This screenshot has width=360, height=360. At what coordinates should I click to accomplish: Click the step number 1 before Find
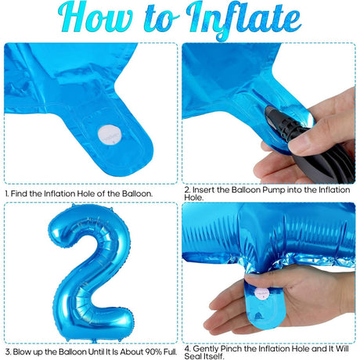pyautogui.click(x=7, y=193)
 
